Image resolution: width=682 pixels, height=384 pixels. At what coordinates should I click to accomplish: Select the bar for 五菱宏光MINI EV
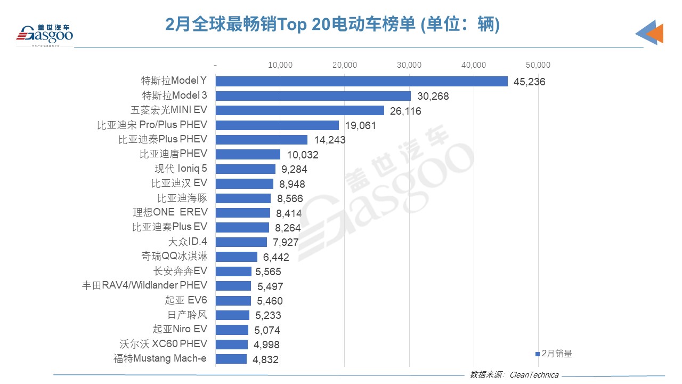(x=299, y=110)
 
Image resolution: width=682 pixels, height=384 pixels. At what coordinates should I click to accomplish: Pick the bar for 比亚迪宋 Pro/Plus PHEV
(x=277, y=125)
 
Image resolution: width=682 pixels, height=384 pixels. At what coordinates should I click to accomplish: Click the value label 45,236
(x=530, y=82)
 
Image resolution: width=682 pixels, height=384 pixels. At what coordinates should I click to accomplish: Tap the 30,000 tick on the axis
(x=409, y=65)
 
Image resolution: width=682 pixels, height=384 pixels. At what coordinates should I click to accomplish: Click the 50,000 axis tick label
(x=538, y=65)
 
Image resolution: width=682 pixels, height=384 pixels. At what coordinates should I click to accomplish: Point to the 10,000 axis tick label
(x=280, y=65)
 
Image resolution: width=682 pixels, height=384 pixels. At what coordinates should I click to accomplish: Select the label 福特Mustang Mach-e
(x=160, y=358)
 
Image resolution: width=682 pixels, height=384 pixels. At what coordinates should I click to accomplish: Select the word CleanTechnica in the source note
(x=534, y=374)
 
